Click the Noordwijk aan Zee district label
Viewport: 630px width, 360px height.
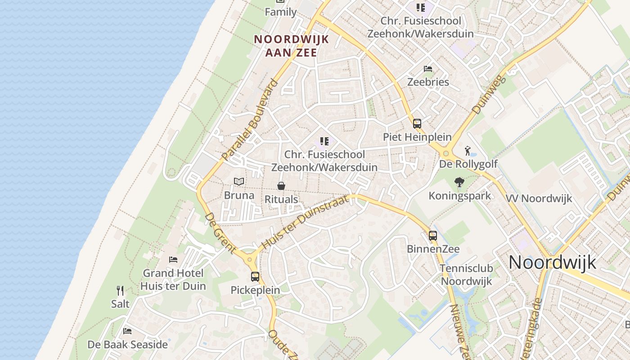coord(292,45)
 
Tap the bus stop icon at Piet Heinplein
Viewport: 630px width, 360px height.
coord(417,123)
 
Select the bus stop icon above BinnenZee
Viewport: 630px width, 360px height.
coord(433,235)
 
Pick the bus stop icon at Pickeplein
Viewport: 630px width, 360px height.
coord(255,277)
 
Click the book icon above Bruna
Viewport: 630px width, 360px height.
coord(239,181)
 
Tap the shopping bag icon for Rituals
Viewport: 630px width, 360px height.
coord(281,185)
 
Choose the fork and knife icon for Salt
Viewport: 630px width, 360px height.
coord(120,291)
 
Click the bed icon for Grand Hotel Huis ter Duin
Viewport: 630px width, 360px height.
coord(173,260)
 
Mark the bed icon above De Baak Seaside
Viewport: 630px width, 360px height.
coord(127,331)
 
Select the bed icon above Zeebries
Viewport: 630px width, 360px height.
coord(428,69)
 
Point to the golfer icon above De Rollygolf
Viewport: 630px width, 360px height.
coord(468,150)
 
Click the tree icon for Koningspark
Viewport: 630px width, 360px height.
coord(459,182)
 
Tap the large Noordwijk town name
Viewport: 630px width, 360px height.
coord(552,262)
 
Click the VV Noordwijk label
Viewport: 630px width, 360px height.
coord(539,198)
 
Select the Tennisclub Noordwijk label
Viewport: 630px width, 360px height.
coord(466,275)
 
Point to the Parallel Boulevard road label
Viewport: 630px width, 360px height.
coord(250,120)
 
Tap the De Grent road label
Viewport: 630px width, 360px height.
coord(220,233)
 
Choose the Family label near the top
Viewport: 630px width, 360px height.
coord(280,12)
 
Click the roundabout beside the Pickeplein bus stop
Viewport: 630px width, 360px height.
coord(250,259)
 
